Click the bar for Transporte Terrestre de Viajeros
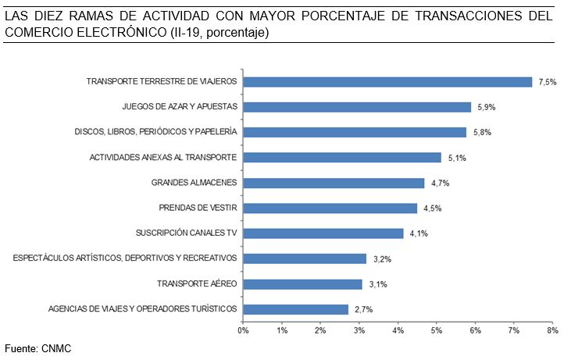tap(387, 82)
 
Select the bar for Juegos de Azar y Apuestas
tap(357, 107)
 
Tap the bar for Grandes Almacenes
tap(334, 183)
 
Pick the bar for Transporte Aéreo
tap(302, 283)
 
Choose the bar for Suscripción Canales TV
tap(323, 233)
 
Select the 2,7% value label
tap(363, 309)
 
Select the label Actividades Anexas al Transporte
tap(163, 158)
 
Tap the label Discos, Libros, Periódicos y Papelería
tap(155, 132)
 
